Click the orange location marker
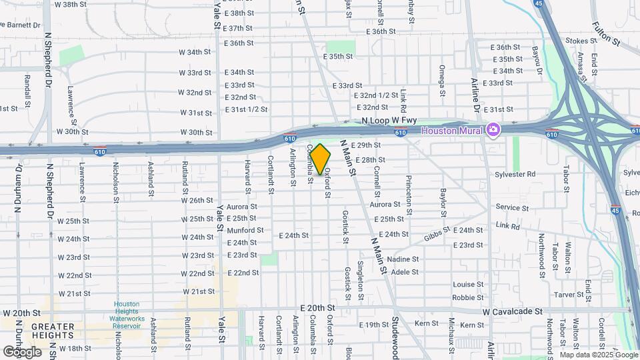(x=321, y=159)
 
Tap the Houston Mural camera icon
(x=493, y=129)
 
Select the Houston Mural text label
(x=454, y=130)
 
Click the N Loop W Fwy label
(x=389, y=121)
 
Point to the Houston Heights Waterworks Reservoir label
(x=127, y=315)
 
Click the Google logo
(x=22, y=351)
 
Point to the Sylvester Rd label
(x=515, y=174)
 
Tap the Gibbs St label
(x=437, y=237)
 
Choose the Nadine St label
(x=403, y=259)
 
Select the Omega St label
(x=441, y=81)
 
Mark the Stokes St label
(x=579, y=41)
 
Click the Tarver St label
(x=569, y=295)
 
